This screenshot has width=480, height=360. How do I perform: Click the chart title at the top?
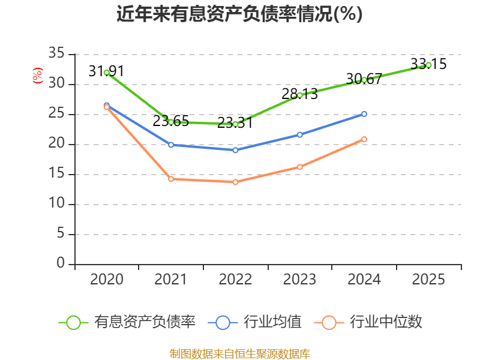(239, 14)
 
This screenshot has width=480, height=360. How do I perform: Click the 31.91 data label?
(106, 71)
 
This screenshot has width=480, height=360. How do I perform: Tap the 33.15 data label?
(428, 64)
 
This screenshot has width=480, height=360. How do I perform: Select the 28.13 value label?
(299, 94)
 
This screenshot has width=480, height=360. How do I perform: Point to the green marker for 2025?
(428, 64)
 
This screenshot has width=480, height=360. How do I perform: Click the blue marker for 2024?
(364, 113)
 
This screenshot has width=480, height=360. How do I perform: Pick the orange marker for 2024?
(364, 139)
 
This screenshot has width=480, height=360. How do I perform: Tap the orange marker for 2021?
(171, 179)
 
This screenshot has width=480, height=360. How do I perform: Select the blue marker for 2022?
(235, 150)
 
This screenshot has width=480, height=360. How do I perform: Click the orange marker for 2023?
(300, 167)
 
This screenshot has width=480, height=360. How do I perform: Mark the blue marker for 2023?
(300, 134)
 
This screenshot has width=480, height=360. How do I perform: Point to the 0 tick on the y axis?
(61, 264)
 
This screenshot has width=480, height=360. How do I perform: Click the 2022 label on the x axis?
(235, 279)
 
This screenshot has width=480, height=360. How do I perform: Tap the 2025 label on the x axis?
(428, 279)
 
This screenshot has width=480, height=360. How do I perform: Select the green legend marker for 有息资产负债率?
(73, 322)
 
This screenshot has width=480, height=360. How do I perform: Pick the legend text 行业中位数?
(386, 322)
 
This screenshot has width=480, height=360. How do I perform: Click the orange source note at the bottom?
(239, 353)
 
